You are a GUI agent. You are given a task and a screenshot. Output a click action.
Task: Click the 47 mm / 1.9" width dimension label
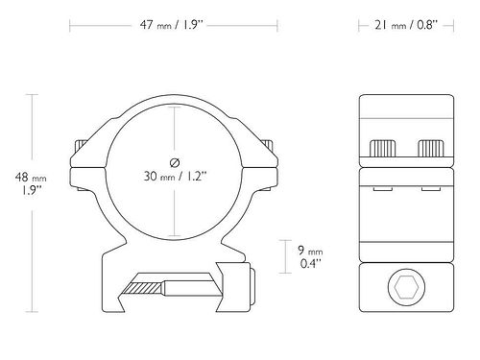[x=172, y=25]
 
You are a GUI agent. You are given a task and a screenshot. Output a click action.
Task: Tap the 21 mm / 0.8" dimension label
[x=406, y=25]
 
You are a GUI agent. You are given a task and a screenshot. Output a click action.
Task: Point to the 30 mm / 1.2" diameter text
[x=175, y=176]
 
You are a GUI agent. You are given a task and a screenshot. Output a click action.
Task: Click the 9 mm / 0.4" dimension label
[x=310, y=256]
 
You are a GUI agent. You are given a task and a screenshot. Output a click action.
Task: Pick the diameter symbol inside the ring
[x=175, y=162]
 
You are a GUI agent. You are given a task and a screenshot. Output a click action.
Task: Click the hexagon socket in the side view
[x=406, y=287]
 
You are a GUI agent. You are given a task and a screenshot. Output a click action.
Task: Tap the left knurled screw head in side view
[x=382, y=149]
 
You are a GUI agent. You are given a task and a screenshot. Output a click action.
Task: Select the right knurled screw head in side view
[x=431, y=149]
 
